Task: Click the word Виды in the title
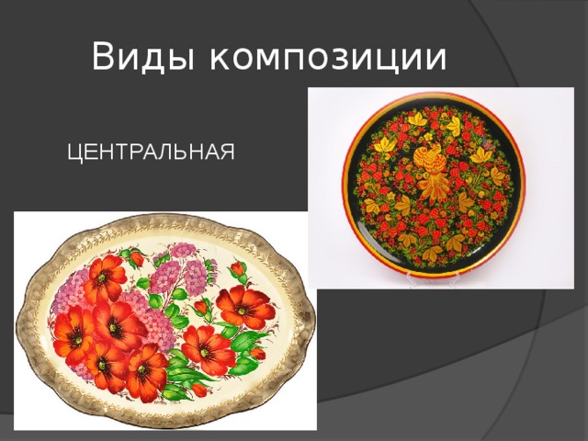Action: point(145,58)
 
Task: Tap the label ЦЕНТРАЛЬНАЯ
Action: point(151,151)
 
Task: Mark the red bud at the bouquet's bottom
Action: point(198,390)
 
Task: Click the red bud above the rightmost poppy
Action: point(238,269)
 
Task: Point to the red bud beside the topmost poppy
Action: point(136,259)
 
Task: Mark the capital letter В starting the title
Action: point(102,58)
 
